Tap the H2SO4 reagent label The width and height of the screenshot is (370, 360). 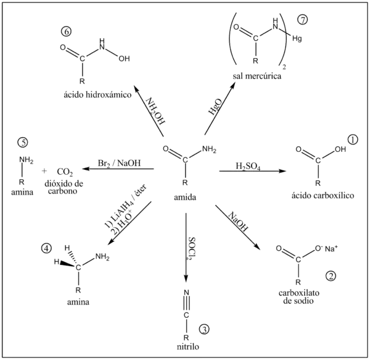pos(247,165)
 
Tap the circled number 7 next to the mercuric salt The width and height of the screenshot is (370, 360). pos(303,19)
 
